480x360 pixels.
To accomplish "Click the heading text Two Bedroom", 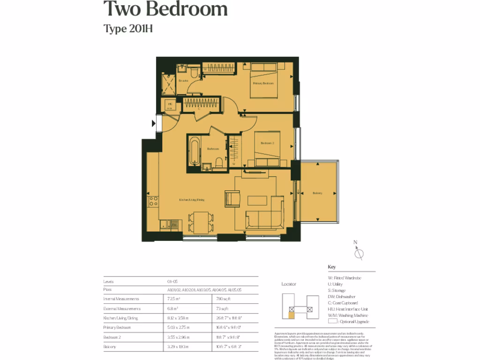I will (x=165, y=9).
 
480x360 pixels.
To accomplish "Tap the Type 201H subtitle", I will (x=128, y=29).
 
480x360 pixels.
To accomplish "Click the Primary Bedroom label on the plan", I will (x=263, y=83).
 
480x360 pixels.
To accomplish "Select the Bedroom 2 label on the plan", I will (x=267, y=143).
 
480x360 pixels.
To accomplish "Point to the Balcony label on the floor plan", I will (x=317, y=193).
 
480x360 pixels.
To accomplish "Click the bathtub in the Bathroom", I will (x=195, y=151).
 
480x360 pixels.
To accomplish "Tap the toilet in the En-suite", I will (x=194, y=71).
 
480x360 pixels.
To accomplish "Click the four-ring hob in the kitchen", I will (x=153, y=202).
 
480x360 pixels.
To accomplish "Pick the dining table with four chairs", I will (x=201, y=222).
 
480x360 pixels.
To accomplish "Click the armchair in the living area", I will (x=232, y=198).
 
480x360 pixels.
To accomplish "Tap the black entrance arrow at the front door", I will (x=154, y=124).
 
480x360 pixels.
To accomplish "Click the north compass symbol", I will (x=359, y=253).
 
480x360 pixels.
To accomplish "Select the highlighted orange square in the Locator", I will (x=292, y=315).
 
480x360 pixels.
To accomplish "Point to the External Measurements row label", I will (x=122, y=309).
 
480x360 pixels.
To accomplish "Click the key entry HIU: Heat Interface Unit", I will (x=348, y=309).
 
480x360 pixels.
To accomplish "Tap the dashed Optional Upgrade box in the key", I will (x=332, y=322).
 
